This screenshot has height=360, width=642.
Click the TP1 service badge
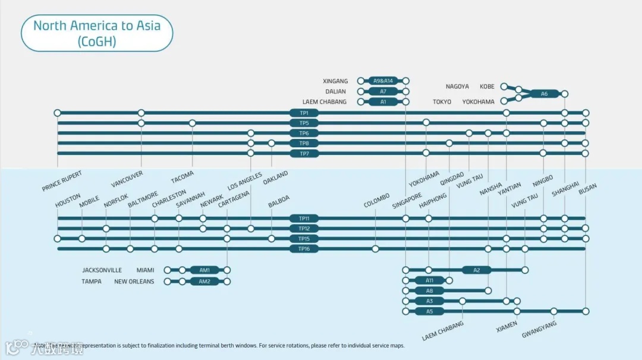[304, 113]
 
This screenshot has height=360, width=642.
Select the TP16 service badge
[304, 249]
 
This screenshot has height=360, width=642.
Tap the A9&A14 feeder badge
[383, 81]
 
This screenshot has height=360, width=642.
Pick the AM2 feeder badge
[204, 282]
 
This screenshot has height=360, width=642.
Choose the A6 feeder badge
[544, 94]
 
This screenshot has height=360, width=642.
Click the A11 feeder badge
[430, 280]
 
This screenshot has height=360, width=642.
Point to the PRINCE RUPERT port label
[62, 181]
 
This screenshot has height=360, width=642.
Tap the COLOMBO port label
[377, 201]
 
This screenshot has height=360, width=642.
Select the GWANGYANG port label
[539, 330]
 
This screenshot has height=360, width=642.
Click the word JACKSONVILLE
[102, 270]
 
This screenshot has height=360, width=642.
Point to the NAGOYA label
[457, 87]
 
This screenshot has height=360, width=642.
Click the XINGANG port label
[335, 81]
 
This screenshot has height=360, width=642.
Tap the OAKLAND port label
[275, 178]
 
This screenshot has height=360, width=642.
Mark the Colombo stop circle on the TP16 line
[375, 249]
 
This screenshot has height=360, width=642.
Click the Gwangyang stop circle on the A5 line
[553, 311]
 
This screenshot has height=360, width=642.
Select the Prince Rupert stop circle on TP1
[58, 113]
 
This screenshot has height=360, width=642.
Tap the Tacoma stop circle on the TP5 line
[192, 123]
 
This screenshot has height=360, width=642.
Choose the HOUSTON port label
[68, 201]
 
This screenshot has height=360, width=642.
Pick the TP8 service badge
[304, 143]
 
